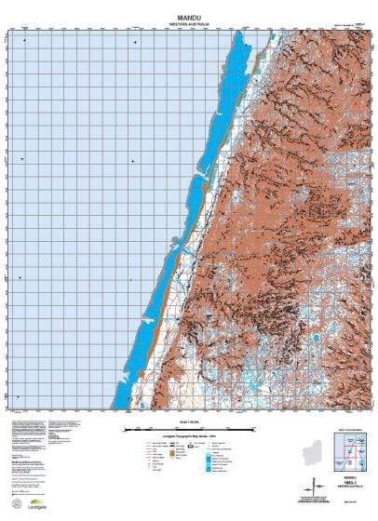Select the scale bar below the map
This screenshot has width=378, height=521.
point(189,429)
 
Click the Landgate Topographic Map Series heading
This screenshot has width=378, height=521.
point(189,438)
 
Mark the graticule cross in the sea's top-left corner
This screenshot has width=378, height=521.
point(22,42)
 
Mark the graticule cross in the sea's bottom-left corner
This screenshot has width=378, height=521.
point(20,394)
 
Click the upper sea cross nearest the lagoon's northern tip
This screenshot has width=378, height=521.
point(136,42)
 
